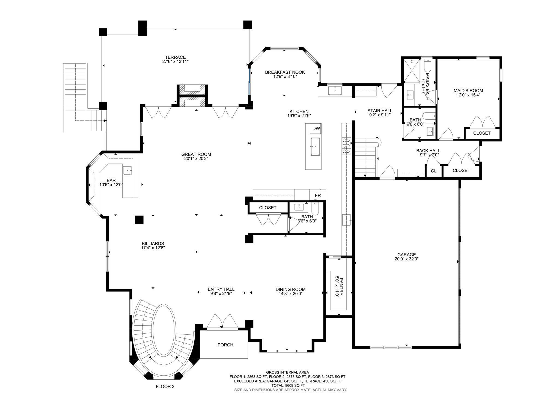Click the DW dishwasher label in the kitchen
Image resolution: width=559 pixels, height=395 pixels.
316,129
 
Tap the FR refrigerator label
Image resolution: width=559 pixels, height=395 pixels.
318,196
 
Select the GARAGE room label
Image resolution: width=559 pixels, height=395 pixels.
407,255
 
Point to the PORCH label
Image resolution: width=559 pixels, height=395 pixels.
225,345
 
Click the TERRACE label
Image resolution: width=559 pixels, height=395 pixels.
175,57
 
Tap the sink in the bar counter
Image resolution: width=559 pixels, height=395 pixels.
127,170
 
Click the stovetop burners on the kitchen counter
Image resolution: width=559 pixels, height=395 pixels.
347,146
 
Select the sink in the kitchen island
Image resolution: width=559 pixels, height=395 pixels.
315,147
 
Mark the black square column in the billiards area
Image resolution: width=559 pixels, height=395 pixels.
139,220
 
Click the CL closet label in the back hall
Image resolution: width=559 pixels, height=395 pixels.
434,171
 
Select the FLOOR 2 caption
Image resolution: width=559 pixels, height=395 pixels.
165,387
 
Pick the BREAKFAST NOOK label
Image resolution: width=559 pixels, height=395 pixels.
285,72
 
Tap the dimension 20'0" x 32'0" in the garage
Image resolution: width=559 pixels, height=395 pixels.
407,259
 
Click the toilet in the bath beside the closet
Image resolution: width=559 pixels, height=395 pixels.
315,210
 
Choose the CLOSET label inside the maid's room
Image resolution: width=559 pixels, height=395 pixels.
482,133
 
